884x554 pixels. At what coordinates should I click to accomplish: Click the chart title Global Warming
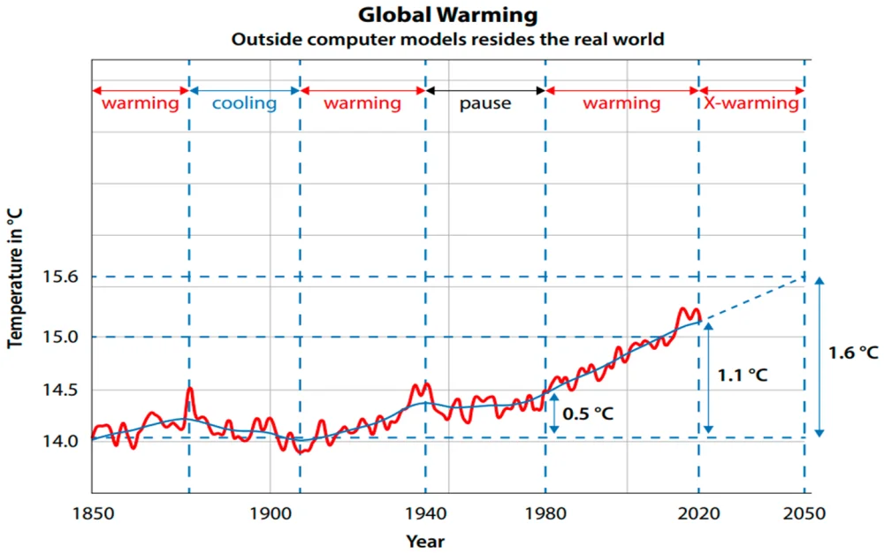coord(447,15)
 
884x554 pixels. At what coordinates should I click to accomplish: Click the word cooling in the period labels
coord(244,103)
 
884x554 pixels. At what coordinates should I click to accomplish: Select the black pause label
coord(484,103)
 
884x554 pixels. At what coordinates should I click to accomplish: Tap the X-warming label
coord(751,103)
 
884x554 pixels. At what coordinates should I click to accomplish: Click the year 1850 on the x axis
coord(92,512)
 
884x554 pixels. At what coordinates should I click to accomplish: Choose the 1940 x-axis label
coord(425,512)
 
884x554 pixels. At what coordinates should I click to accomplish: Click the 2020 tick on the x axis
coord(698,512)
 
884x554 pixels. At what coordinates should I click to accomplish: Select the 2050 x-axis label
coord(804,512)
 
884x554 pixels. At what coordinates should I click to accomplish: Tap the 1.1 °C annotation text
coord(743,375)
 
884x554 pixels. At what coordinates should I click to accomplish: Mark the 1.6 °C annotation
coord(852,353)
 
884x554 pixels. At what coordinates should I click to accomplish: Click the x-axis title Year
coord(425,541)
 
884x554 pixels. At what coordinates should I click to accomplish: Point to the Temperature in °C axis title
coord(15,278)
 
